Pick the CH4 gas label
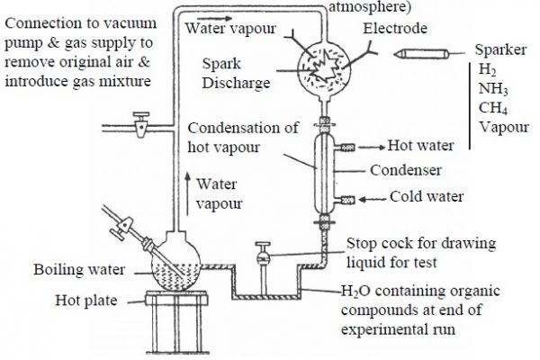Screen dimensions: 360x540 [491, 108]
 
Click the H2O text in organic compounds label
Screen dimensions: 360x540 [355, 292]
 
